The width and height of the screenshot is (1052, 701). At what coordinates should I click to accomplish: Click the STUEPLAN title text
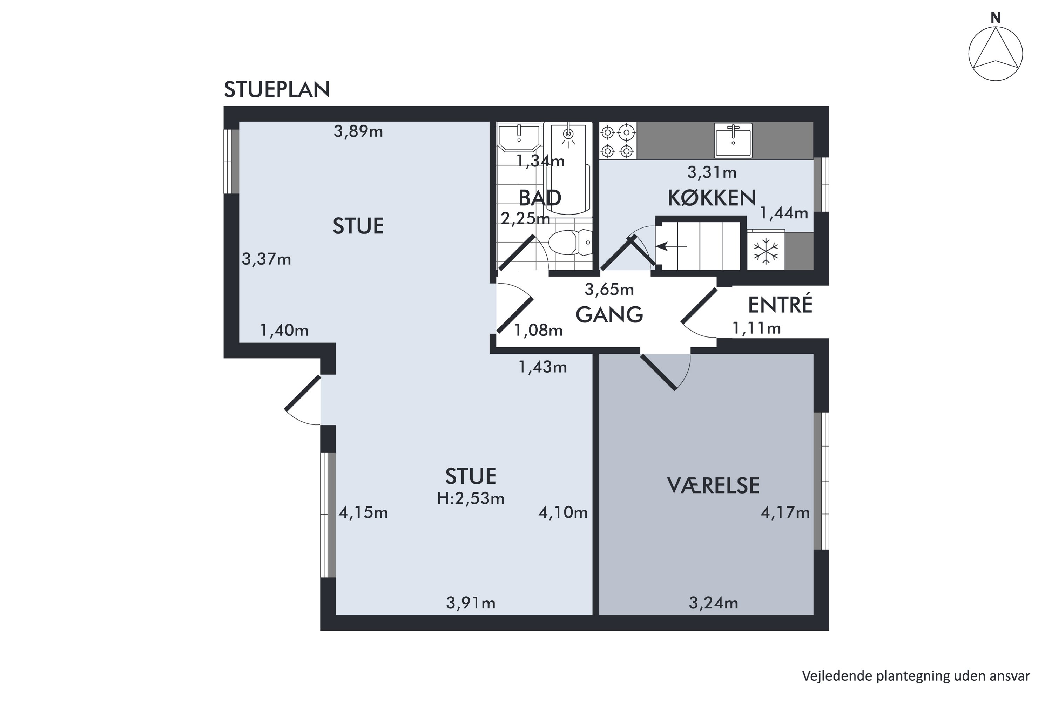tap(277, 90)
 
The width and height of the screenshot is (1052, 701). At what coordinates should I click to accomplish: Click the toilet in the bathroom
tap(570, 242)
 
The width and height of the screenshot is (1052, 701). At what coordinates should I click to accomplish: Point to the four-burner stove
tap(618, 141)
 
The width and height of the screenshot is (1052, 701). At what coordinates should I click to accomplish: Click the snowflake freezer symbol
tap(766, 251)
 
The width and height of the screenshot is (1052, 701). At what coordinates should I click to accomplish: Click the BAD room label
tap(540, 198)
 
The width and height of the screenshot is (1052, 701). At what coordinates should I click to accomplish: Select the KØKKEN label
tap(712, 198)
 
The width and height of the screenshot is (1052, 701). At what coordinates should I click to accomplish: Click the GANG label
tap(609, 315)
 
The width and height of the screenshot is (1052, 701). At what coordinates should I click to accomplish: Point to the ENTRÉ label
tap(780, 305)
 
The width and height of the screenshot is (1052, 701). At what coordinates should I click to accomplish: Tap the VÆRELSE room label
tap(713, 485)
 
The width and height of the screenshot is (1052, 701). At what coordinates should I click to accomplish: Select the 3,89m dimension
tap(358, 132)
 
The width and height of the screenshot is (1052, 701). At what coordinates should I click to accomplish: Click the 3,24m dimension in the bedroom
tap(713, 604)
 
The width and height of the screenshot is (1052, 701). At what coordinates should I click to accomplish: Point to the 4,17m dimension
tap(785, 512)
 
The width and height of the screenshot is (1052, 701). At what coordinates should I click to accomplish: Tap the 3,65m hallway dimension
tap(609, 290)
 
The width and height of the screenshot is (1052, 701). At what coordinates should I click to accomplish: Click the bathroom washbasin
tap(519, 138)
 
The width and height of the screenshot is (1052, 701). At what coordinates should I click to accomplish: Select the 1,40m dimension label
tap(284, 331)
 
